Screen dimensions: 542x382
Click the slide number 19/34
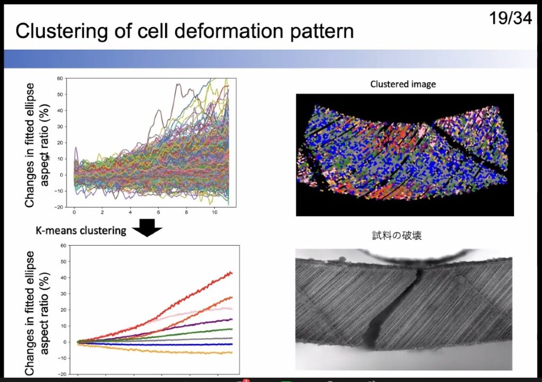[x=511, y=17]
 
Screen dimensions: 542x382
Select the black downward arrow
[x=147, y=228]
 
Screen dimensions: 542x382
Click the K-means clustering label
[x=81, y=230]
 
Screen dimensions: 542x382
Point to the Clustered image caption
[x=403, y=84]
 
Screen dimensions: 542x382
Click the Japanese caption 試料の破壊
[x=397, y=236]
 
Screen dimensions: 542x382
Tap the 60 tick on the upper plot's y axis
[x=60, y=78]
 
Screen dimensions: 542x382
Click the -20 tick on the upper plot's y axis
[x=59, y=207]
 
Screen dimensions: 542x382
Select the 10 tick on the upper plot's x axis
[x=215, y=212]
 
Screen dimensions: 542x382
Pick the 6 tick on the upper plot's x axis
[x=158, y=212]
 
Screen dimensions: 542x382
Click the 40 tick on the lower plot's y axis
[x=63, y=278]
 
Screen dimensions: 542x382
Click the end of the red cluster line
[x=232, y=273]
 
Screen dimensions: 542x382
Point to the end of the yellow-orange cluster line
[x=232, y=352]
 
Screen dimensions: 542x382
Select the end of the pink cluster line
[x=232, y=309]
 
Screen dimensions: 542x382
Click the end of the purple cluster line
[x=232, y=320]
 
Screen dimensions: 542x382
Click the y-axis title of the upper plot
[x=38, y=145]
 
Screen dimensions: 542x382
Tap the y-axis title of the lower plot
[x=38, y=313]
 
